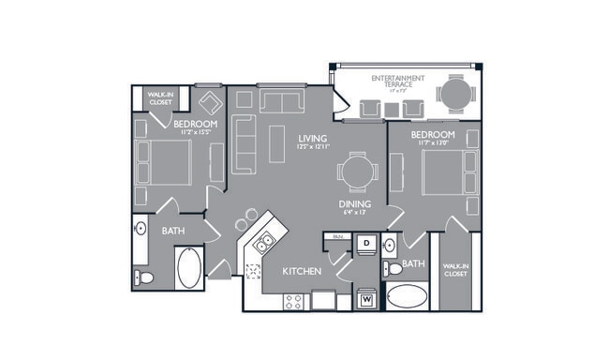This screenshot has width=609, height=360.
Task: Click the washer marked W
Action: pyautogui.click(x=367, y=300)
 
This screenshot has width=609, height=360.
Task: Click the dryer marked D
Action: pyautogui.click(x=367, y=244)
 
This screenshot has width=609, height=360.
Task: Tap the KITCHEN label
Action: pyautogui.click(x=303, y=272)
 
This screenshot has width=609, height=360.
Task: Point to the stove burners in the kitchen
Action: pyautogui.click(x=292, y=302)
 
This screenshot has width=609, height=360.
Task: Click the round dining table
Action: pyautogui.click(x=358, y=172)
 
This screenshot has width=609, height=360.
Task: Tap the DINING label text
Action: pyautogui.click(x=355, y=204)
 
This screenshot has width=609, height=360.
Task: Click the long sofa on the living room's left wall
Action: pyautogui.click(x=242, y=145)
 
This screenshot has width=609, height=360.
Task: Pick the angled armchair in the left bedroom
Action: pyautogui.click(x=209, y=102)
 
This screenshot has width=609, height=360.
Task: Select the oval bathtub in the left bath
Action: pyautogui.click(x=187, y=268)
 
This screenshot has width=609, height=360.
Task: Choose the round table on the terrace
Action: pyautogui.click(x=456, y=93)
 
